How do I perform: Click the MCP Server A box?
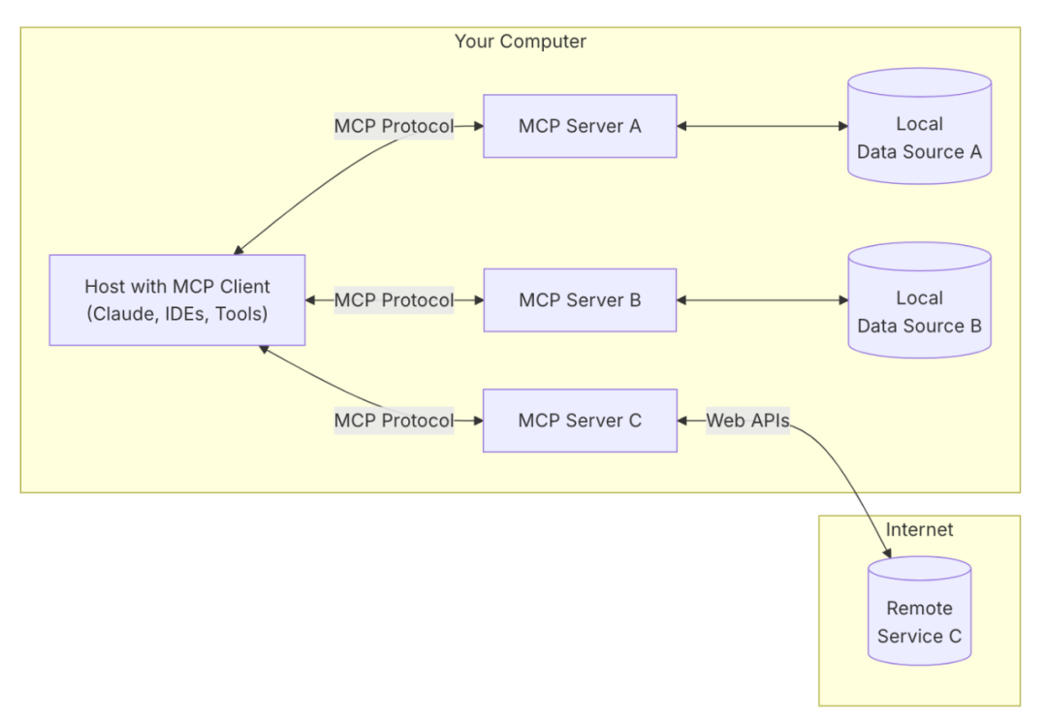click(x=580, y=126)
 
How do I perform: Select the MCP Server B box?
click(x=580, y=300)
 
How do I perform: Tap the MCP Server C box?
click(x=580, y=421)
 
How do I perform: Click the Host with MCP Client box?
click(x=177, y=300)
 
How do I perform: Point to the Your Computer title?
click(x=521, y=42)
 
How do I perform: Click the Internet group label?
click(x=919, y=530)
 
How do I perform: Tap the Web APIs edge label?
click(x=746, y=421)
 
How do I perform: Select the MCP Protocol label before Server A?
click(x=394, y=126)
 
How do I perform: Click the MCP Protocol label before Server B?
click(x=394, y=300)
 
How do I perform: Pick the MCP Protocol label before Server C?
click(x=394, y=421)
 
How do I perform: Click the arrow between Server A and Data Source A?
click(x=762, y=126)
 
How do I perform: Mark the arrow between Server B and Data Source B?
click(x=762, y=300)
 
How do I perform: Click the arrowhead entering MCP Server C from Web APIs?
click(x=683, y=421)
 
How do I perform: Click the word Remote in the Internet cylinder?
click(x=919, y=609)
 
